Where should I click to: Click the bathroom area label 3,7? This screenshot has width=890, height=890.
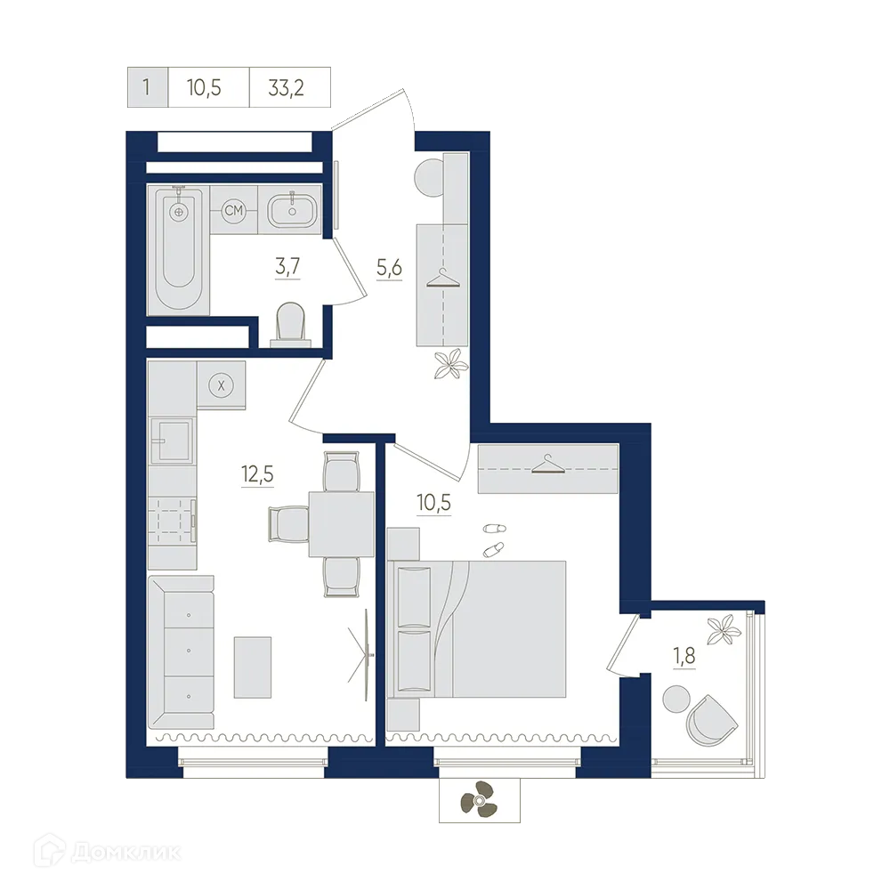tap(287, 265)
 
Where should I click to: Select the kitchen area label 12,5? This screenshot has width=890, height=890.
tap(256, 473)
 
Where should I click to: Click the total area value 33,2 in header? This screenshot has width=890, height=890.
tap(291, 88)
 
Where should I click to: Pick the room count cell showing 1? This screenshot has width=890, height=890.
tap(145, 88)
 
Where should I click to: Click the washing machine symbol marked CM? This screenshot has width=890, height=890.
tap(234, 211)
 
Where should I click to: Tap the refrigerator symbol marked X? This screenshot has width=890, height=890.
tap(221, 384)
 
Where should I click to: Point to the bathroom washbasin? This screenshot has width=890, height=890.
tap(289, 211)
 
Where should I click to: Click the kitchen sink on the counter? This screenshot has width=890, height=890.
tap(171, 441)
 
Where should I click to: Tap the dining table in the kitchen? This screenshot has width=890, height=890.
tap(341, 523)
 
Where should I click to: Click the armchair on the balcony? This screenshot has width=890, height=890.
tap(712, 719)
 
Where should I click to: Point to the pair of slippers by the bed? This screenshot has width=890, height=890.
tap(493, 538)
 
